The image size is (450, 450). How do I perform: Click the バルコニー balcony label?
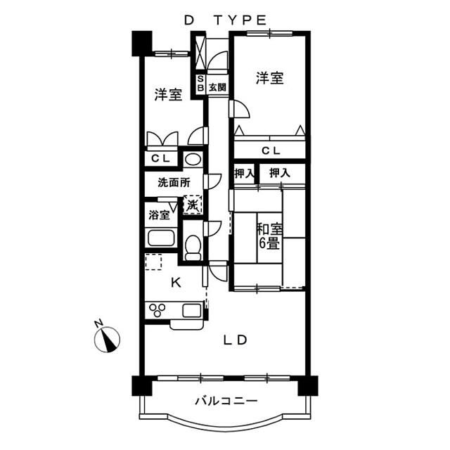click(x=225, y=402)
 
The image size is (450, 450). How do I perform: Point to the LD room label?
click(x=235, y=340)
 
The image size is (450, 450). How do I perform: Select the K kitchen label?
click(x=176, y=283)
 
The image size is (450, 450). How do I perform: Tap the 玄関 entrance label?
click(x=217, y=87)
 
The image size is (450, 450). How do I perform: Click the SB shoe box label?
click(x=200, y=84)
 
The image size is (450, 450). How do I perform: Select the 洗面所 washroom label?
click(x=174, y=183)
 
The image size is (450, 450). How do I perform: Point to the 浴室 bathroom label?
click(x=158, y=215)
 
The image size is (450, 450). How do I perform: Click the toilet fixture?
click(x=193, y=246)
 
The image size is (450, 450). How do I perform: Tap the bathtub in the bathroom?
click(x=160, y=238)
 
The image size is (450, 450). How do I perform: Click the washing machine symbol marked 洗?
click(x=193, y=205)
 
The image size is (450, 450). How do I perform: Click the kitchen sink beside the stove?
click(x=191, y=309)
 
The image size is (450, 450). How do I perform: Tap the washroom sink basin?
click(x=193, y=158)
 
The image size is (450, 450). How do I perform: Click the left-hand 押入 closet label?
click(x=244, y=172)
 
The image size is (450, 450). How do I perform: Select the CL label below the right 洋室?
click(x=270, y=150)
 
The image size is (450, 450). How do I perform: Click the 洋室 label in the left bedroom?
click(x=168, y=95)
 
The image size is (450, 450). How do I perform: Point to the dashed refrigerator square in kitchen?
click(x=153, y=263)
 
